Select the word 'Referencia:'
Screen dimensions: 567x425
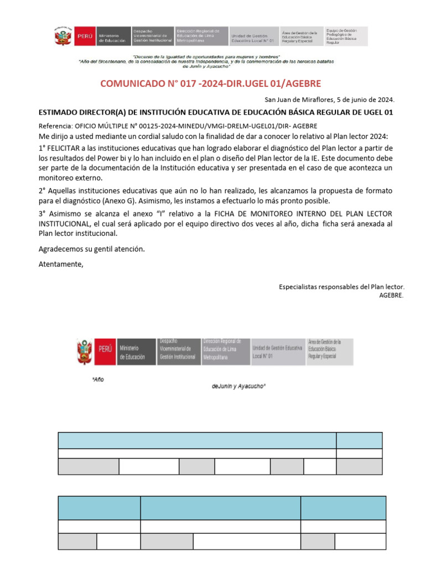click(56, 126)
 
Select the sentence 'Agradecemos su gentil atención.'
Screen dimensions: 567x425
click(91, 249)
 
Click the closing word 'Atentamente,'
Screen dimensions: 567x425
click(61, 264)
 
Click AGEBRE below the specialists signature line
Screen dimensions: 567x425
click(391, 295)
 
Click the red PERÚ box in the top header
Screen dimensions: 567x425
click(85, 37)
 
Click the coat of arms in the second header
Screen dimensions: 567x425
click(85, 352)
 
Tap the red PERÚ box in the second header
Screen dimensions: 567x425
click(105, 349)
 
